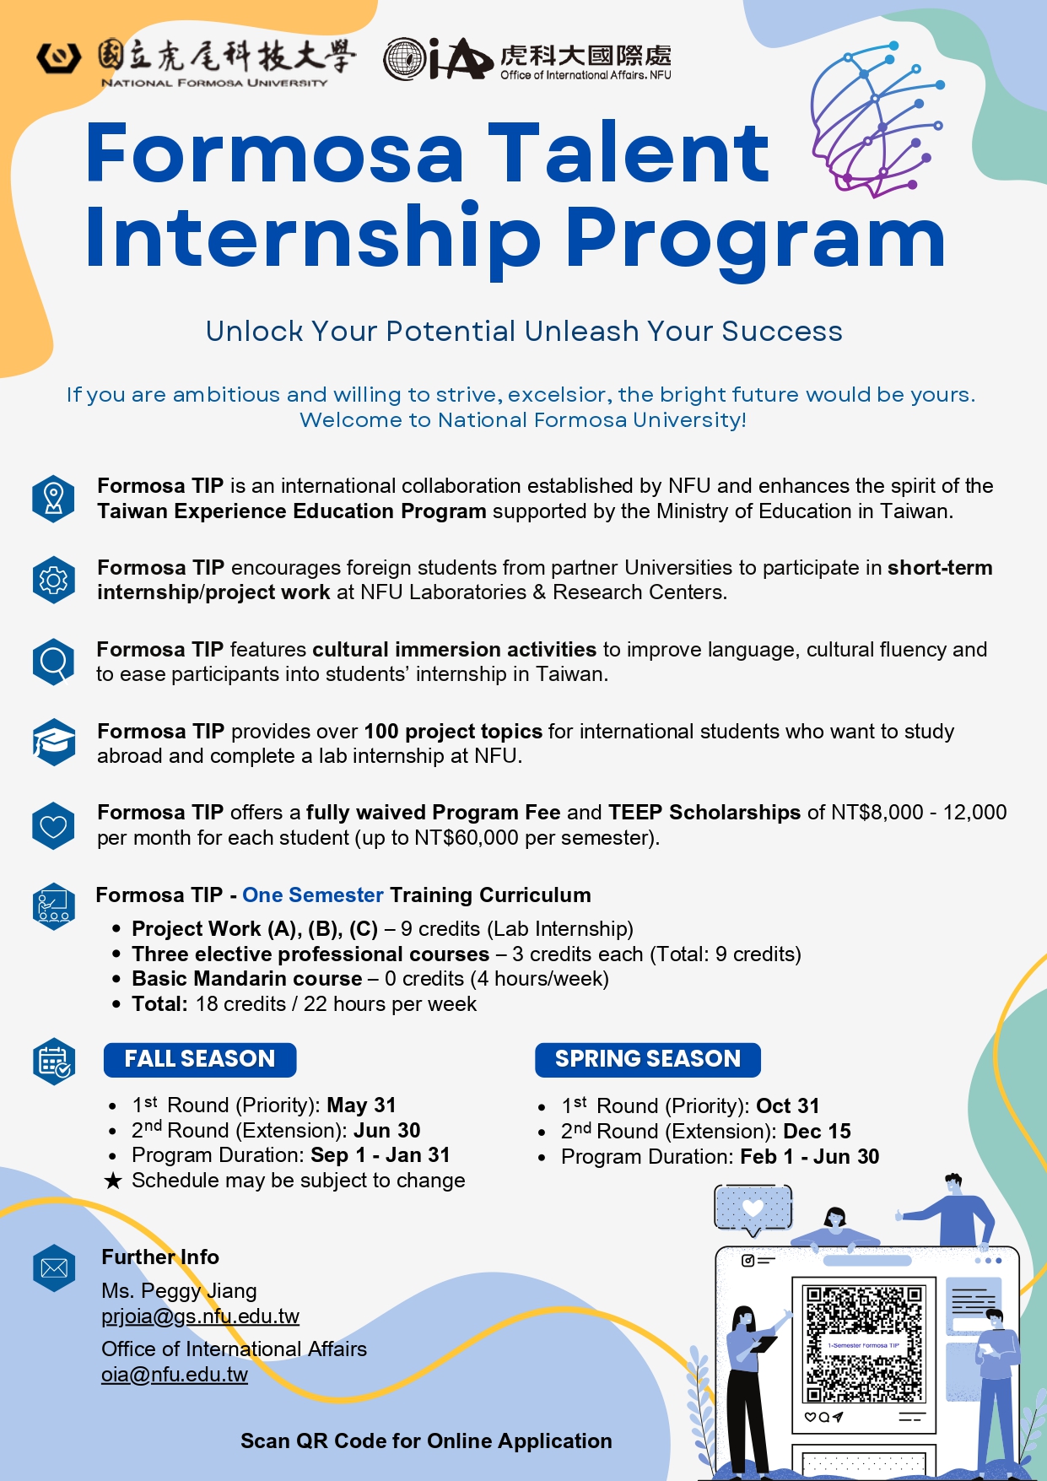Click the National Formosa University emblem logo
point(58,57)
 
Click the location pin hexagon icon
point(53,499)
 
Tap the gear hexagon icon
point(53,580)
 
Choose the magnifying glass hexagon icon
point(53,662)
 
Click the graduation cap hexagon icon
point(53,743)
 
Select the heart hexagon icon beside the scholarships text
point(53,825)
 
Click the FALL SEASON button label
point(200,1059)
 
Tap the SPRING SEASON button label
point(648,1059)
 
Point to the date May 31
point(361,1105)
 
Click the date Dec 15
point(817,1132)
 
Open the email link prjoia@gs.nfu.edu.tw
point(200,1316)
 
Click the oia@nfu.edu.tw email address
point(175,1375)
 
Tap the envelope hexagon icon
point(54,1267)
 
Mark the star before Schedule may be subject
point(113,1181)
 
